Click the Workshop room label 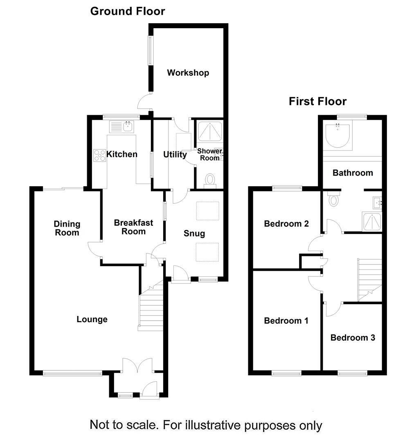pyautogui.click(x=188, y=73)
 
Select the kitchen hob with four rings pyautogui.click(x=99, y=156)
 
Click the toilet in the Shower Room pyautogui.click(x=210, y=180)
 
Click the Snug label pyautogui.click(x=194, y=234)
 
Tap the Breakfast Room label pyautogui.click(x=133, y=227)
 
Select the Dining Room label pyautogui.click(x=67, y=228)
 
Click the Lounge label pyautogui.click(x=92, y=319)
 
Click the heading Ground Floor pyautogui.click(x=128, y=11)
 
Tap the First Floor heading pyautogui.click(x=317, y=101)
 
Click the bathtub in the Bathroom pyautogui.click(x=337, y=135)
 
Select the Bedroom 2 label pyautogui.click(x=286, y=224)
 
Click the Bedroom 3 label pyautogui.click(x=353, y=338)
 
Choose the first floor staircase pyautogui.click(x=370, y=280)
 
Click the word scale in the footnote pyautogui.click(x=142, y=425)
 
